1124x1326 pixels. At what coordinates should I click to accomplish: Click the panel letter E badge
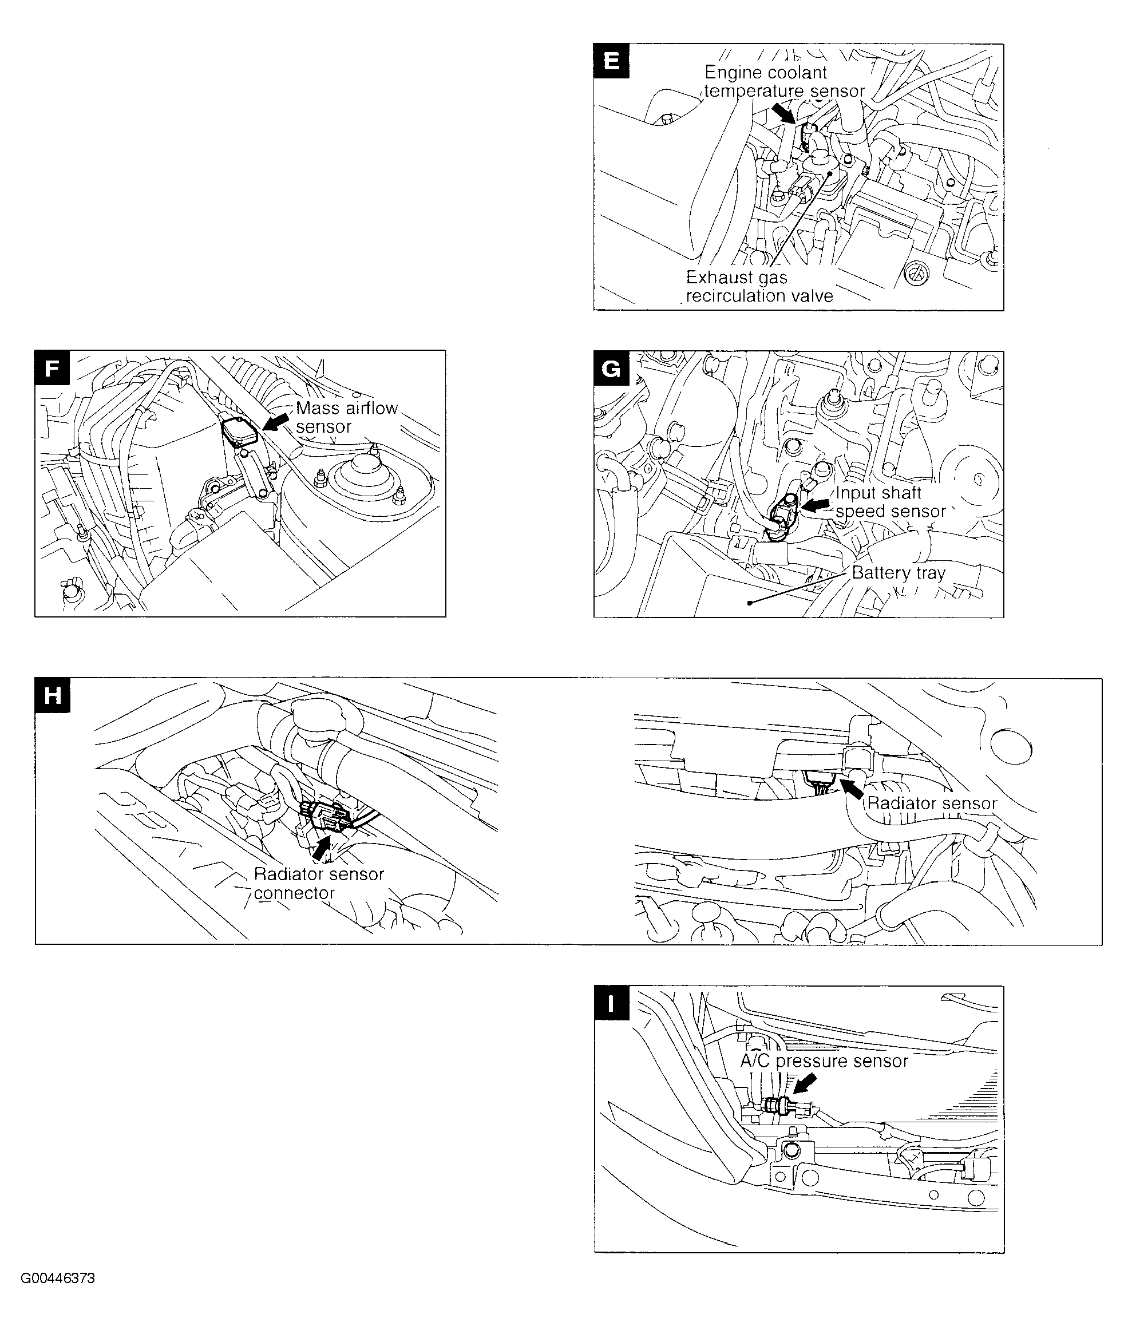(x=611, y=61)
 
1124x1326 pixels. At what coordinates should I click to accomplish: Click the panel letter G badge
(x=611, y=369)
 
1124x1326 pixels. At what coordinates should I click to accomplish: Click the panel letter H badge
(x=53, y=695)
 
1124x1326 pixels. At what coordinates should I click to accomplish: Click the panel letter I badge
(x=611, y=1004)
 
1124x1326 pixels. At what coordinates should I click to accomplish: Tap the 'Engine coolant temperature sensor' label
(x=783, y=82)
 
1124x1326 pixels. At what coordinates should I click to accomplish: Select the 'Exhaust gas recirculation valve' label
(x=758, y=287)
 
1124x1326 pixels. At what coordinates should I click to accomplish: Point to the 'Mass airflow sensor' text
(x=346, y=417)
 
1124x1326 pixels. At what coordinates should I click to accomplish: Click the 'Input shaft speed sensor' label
(x=889, y=502)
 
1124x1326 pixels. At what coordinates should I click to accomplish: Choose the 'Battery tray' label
(x=898, y=573)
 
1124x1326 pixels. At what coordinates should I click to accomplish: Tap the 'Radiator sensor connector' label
(x=319, y=883)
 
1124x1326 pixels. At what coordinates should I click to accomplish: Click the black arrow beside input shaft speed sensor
(x=816, y=505)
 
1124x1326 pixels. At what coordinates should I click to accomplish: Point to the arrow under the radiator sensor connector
(x=322, y=848)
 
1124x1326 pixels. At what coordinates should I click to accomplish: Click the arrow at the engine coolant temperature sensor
(x=782, y=113)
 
